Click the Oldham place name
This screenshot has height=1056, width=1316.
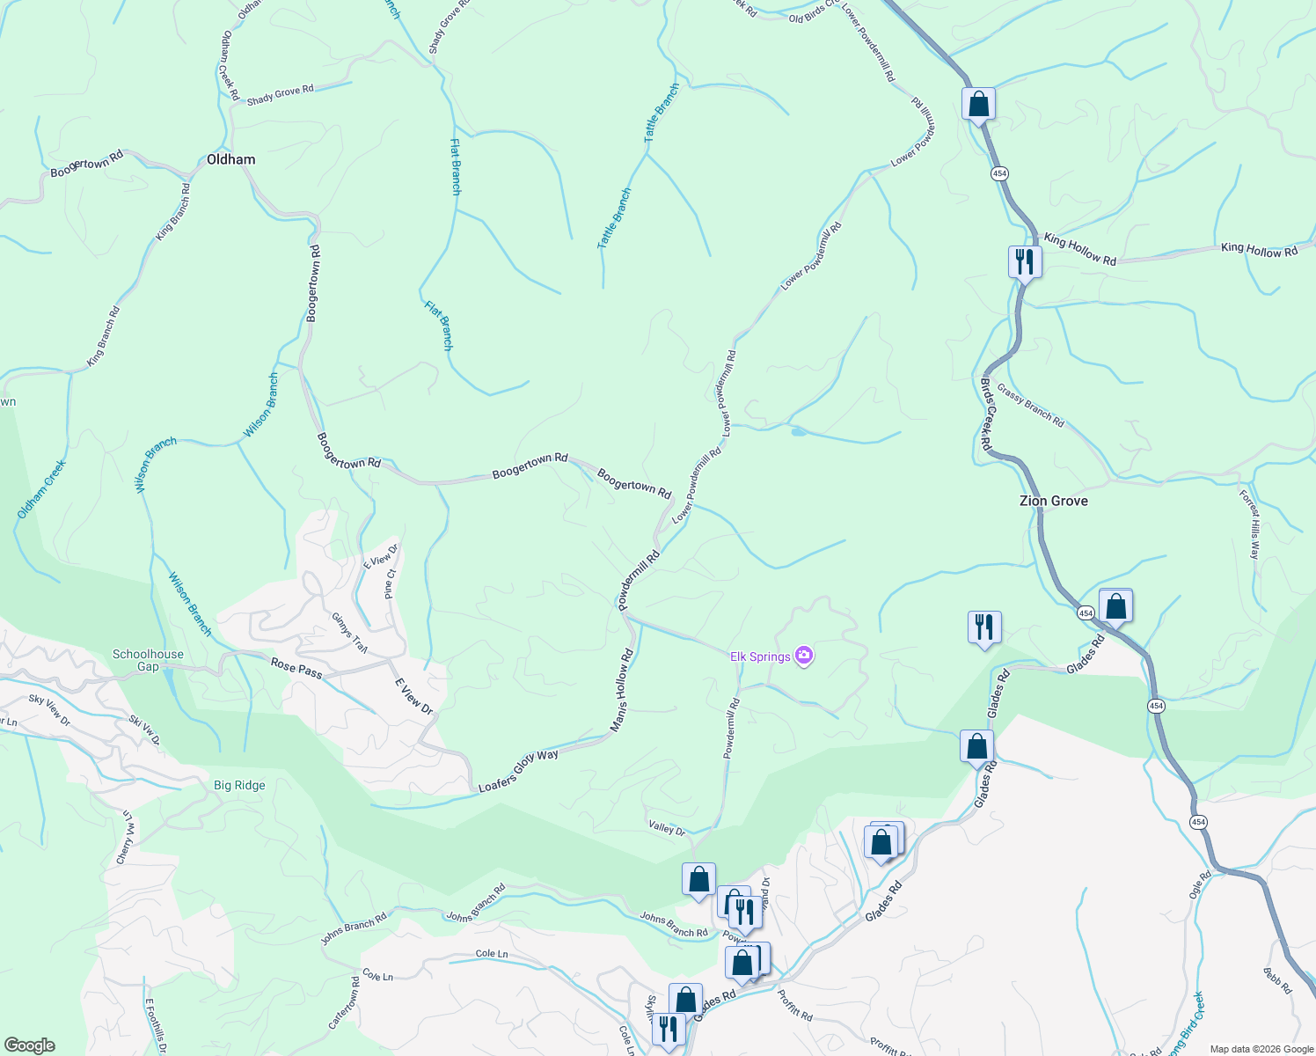230,159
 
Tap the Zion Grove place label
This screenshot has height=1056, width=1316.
1053,501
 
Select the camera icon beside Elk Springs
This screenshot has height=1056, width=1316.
803,656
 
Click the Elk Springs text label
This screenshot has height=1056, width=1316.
760,656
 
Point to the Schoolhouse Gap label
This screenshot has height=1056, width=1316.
148,661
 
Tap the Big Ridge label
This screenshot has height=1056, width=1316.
239,785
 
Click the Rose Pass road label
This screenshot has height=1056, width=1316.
296,668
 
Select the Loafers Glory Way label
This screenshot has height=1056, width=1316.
518,771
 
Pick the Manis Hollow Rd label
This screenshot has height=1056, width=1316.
623,691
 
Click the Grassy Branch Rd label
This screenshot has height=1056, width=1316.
1031,407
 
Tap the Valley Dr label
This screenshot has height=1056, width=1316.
667,828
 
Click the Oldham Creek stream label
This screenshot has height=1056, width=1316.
41,489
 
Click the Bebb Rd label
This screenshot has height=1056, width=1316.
1277,980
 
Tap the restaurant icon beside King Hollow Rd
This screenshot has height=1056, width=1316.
1024,261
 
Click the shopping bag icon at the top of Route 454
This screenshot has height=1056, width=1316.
978,105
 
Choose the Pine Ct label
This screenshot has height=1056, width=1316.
390,584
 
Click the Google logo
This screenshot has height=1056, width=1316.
28,1045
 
